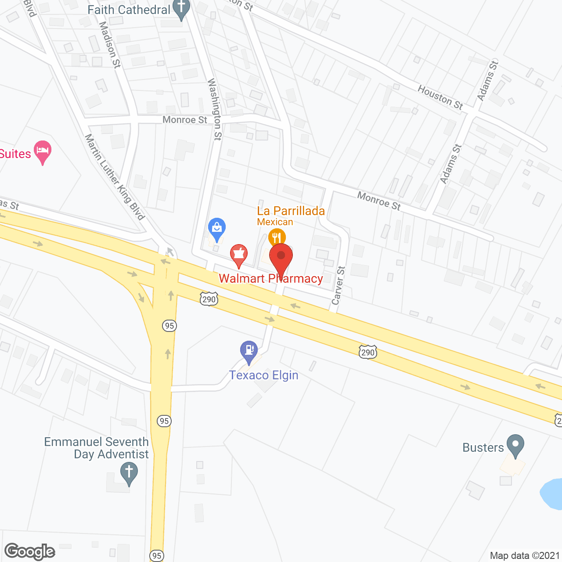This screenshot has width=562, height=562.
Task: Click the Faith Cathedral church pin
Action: pos(181,9)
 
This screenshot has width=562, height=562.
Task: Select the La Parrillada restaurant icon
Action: pos(277,238)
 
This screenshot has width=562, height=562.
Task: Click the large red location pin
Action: pos(281,257)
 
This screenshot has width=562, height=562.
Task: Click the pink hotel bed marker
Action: pos(43,151)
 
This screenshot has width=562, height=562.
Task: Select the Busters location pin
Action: pos(515,445)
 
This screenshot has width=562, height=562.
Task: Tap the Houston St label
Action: pos(440,97)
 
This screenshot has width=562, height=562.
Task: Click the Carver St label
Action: pos(339,285)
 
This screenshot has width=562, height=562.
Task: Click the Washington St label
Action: pos(214,109)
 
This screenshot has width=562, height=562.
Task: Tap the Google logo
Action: pos(30,551)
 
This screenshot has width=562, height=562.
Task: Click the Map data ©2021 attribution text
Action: pos(525,556)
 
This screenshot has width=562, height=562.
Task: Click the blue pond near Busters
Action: pos(552,494)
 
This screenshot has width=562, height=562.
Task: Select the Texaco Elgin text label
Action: pos(263,375)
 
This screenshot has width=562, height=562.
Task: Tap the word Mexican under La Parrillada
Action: pos(275,222)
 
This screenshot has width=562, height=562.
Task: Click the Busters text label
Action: pos(483,448)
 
